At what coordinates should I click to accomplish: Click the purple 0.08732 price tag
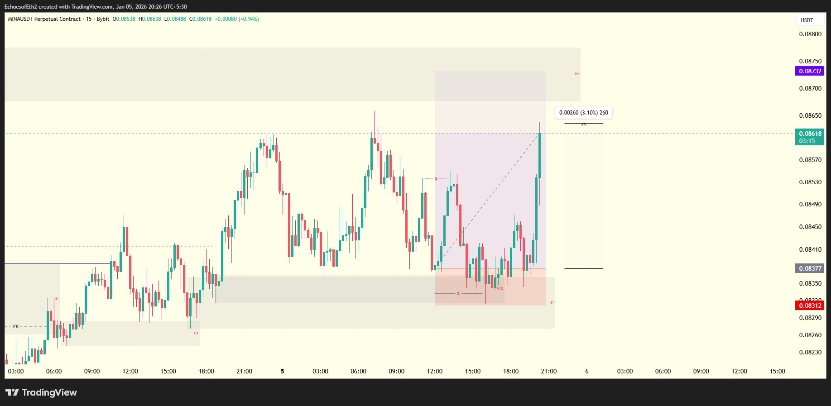(x=810, y=71)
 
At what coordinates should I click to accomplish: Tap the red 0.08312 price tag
(x=810, y=306)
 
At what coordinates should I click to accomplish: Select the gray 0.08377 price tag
(x=810, y=268)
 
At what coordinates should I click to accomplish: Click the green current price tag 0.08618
(x=810, y=137)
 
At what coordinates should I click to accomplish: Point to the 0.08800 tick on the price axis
(x=810, y=34)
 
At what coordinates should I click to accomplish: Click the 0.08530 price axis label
(x=810, y=182)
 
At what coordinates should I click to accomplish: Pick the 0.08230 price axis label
(x=810, y=352)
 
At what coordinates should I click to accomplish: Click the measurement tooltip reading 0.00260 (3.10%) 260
(x=583, y=113)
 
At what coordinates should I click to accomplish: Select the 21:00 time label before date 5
(x=244, y=371)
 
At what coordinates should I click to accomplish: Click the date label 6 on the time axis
(x=587, y=371)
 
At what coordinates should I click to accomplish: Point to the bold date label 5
(x=282, y=371)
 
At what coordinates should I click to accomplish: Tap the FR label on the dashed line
(x=16, y=326)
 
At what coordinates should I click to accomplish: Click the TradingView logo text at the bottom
(x=42, y=392)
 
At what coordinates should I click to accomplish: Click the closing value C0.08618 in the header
(x=200, y=19)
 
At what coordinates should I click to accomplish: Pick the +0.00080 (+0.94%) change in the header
(x=237, y=19)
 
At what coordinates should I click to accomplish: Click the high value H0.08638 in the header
(x=149, y=19)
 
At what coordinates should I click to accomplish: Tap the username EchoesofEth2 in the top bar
(x=20, y=7)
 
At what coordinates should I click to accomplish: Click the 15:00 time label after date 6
(x=777, y=371)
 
